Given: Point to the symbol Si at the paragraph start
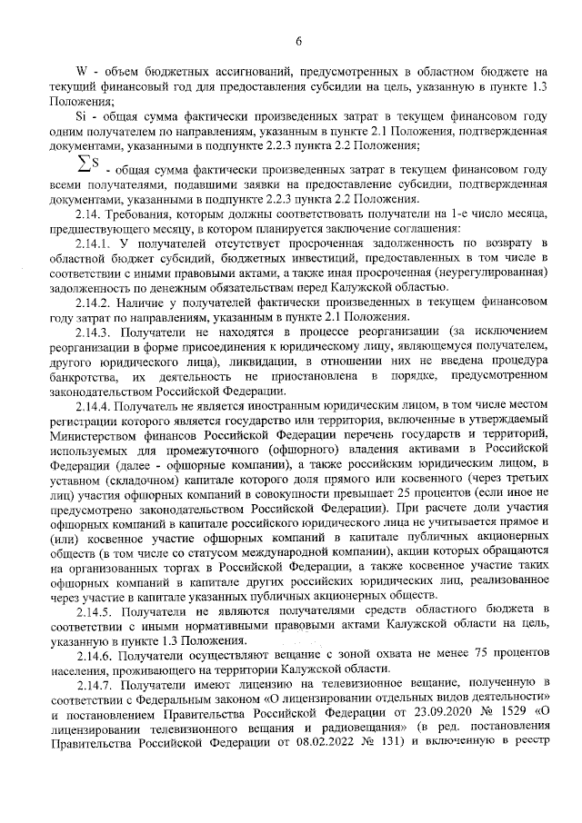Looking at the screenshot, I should (x=79, y=116).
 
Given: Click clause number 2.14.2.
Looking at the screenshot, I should (x=92, y=302).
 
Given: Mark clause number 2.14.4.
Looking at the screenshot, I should (x=92, y=402).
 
